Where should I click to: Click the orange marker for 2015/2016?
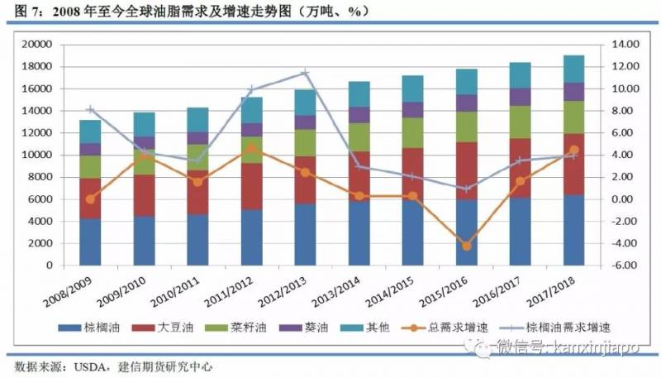click(x=466, y=246)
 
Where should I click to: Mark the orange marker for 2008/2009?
click(x=90, y=199)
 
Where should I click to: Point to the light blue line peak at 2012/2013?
click(x=305, y=73)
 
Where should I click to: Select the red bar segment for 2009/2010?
click(x=144, y=195)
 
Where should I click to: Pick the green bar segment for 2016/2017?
click(x=520, y=122)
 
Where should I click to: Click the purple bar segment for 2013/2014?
click(x=359, y=115)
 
